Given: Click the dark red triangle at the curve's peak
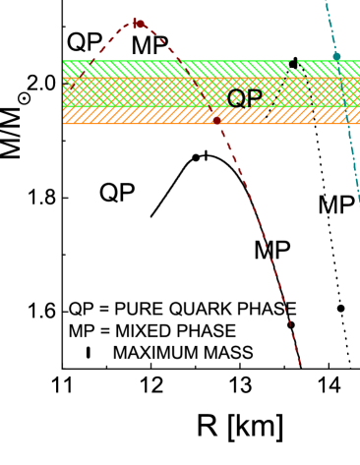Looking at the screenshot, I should tap(138, 23).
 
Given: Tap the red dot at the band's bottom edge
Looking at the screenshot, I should tap(216, 120).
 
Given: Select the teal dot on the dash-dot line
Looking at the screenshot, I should tap(336, 56).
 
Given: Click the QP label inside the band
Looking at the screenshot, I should tap(244, 97).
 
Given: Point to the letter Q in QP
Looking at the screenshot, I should tap(237, 97).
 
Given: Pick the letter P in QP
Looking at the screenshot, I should tap(254, 97).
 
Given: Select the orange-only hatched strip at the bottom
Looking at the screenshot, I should tap(148, 116).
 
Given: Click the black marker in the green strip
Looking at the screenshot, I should tap(293, 65).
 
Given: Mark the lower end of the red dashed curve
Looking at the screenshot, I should tap(299, 365).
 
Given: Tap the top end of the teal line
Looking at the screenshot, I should tap(326, 2).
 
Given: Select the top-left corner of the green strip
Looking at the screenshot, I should tap(64, 61).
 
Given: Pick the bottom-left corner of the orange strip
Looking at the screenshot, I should tap(64, 123).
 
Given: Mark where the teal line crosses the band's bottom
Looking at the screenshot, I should tap(346, 123).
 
